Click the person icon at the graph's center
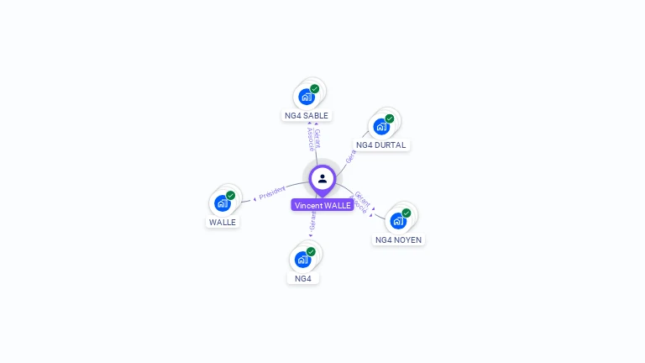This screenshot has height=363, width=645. (x=322, y=178)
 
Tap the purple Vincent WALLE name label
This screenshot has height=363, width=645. (x=322, y=205)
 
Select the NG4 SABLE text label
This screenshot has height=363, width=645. (x=307, y=115)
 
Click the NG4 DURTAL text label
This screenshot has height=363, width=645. (x=380, y=145)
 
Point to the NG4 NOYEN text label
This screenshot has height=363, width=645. (x=398, y=239)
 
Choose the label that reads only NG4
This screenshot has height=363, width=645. (x=303, y=278)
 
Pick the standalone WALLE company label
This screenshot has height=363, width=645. (x=223, y=222)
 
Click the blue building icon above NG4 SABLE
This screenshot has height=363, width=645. (x=306, y=97)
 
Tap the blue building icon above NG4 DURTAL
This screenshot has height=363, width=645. (x=381, y=127)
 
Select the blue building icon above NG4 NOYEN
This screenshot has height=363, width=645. (x=398, y=221)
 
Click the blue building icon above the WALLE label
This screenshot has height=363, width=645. (x=222, y=203)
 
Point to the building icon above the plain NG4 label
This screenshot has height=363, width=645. (x=302, y=260)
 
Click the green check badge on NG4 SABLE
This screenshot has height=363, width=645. (x=315, y=88)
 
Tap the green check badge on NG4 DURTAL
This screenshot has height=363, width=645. (x=390, y=118)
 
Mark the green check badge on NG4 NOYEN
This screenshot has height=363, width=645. (x=406, y=213)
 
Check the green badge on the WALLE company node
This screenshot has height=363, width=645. (x=231, y=195)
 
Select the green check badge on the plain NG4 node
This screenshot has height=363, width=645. (x=311, y=251)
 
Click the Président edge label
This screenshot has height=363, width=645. (x=272, y=193)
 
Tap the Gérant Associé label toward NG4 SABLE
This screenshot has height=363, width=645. (x=312, y=138)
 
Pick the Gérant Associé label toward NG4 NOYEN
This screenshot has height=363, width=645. (x=359, y=201)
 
